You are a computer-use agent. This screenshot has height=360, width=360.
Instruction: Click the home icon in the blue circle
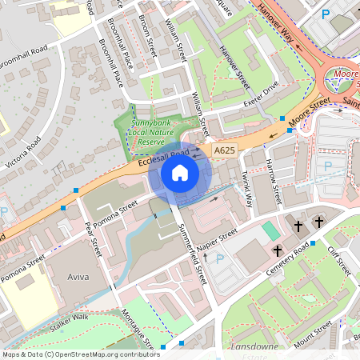click(180, 173)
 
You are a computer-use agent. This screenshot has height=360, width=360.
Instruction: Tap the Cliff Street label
click(339, 259)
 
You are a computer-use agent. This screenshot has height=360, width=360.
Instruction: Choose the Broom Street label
click(149, 32)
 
